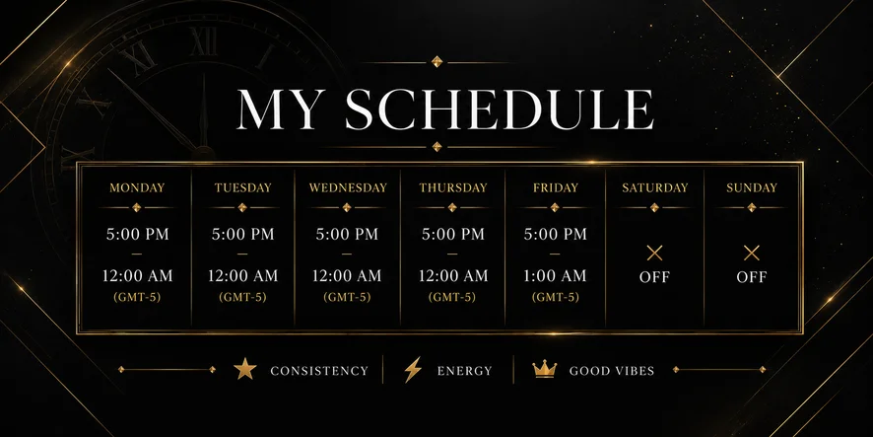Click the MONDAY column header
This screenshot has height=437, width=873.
tap(137, 187)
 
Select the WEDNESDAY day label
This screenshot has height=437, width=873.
tap(348, 187)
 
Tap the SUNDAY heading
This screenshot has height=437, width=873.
tap(751, 187)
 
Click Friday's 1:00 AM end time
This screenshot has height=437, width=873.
tap(555, 275)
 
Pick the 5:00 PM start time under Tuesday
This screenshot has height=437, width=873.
tap(242, 234)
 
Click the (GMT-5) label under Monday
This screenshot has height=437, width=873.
tap(137, 297)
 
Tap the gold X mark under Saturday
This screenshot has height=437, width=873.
tap(654, 254)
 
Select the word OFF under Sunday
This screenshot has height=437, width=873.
tap(752, 277)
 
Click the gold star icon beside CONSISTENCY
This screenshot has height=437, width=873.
tap(245, 370)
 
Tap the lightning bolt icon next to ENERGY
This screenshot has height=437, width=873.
tap(413, 370)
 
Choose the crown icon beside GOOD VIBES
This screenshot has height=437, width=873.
tap(545, 369)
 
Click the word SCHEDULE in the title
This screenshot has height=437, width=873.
tap(500, 109)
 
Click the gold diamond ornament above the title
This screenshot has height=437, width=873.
tap(437, 61)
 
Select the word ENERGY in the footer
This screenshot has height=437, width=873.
tap(464, 371)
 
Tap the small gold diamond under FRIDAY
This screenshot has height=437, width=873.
tap(555, 207)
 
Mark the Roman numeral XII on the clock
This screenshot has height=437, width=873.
tap(203, 41)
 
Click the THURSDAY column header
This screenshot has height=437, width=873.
tap(452, 187)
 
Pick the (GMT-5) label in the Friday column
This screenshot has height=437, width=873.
tap(555, 297)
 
